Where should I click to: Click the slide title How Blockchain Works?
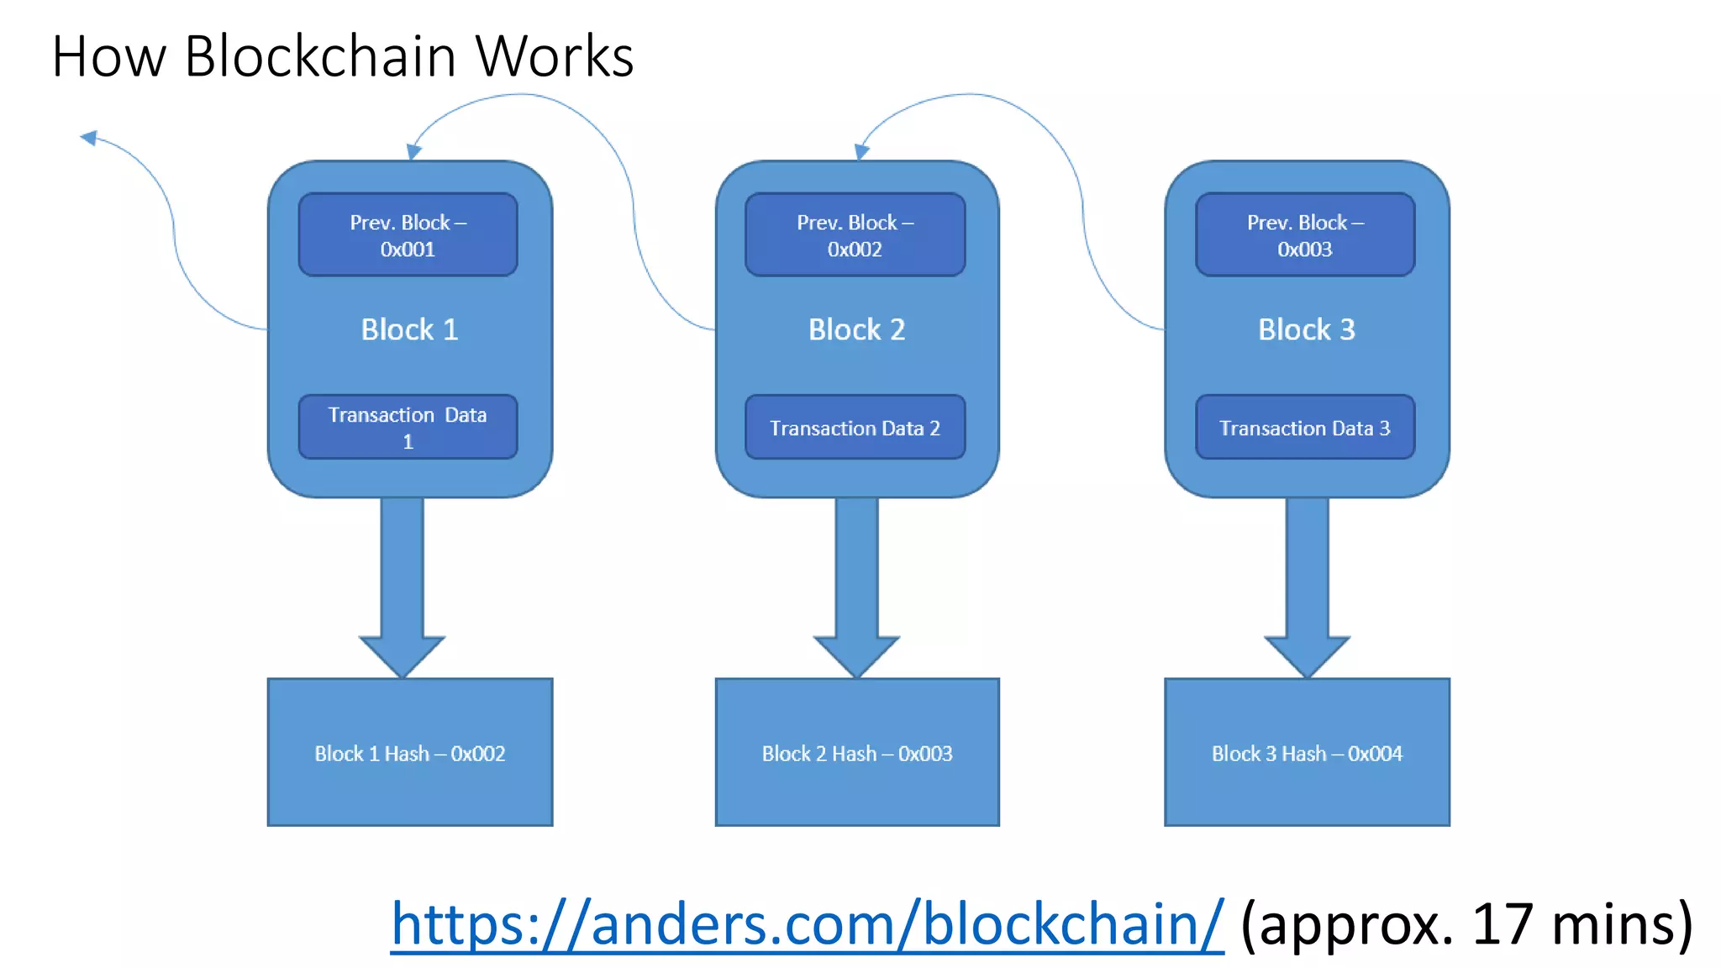[342, 56]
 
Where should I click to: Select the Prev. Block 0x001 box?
[408, 235]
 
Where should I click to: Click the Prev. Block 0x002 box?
[855, 235]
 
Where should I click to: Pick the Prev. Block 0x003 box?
[1305, 235]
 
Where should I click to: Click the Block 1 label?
[409, 329]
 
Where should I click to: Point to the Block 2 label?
[856, 329]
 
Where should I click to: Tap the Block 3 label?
[1307, 329]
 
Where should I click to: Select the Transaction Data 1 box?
[408, 427]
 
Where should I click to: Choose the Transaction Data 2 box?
[855, 428]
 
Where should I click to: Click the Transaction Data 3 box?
[1305, 428]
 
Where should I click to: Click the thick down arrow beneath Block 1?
[403, 588]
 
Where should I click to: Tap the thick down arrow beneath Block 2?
[856, 588]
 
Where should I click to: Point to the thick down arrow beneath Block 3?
[1308, 588]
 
